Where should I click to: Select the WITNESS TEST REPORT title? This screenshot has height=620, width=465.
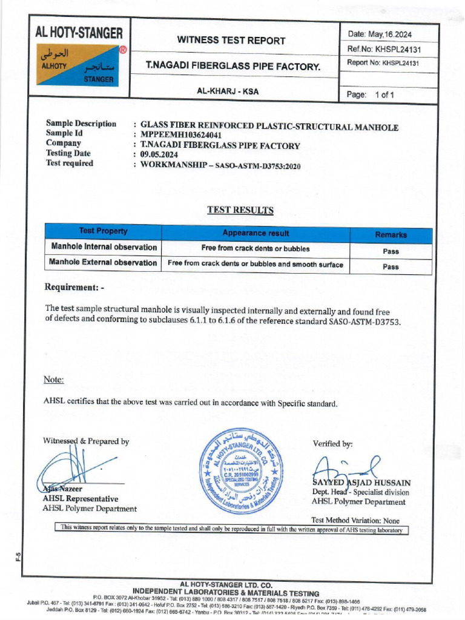point(231,41)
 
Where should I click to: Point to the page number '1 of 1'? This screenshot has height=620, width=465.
point(384,95)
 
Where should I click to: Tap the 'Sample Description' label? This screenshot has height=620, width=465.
point(81,124)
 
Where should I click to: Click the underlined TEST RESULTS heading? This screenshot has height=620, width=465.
point(240,210)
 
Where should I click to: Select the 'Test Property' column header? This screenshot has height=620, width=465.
point(103,231)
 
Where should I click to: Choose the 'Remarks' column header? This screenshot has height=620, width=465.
point(391,235)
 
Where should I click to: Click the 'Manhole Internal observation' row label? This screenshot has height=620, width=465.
point(104,247)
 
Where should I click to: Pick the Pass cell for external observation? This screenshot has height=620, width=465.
point(391,266)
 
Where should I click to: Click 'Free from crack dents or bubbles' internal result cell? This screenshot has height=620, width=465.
point(256,248)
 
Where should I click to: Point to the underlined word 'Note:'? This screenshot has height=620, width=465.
point(53,380)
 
